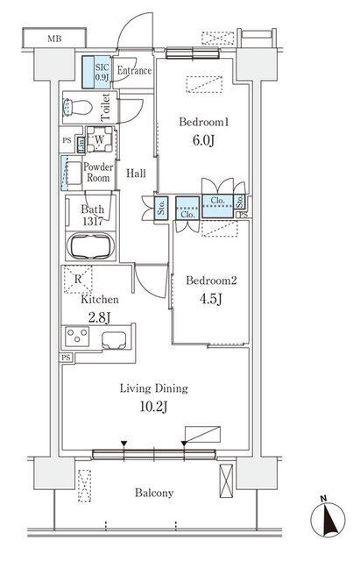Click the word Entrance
pyautogui.click(x=134, y=70)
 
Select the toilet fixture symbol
pyautogui.click(x=78, y=109)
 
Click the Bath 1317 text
pyautogui.click(x=93, y=216)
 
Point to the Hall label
pyautogui.click(x=136, y=174)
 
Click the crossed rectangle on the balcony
pyautogui.click(x=227, y=483)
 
